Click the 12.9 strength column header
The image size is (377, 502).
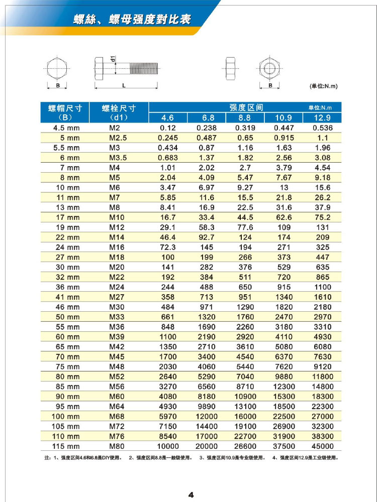(322, 118)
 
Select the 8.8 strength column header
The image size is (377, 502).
(245, 118)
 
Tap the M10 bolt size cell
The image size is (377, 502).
(117, 217)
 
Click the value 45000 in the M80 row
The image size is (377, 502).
(322, 446)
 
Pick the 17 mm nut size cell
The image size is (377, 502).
(66, 217)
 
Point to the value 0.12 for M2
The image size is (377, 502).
(167, 128)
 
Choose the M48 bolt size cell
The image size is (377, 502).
(117, 366)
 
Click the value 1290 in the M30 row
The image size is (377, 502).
(245, 307)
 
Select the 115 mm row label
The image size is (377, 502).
(66, 446)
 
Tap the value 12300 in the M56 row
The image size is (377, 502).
(284, 387)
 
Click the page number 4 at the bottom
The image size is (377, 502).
(191, 494)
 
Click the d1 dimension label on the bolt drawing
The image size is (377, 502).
(114, 59)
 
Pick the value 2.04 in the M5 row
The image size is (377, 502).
(167, 178)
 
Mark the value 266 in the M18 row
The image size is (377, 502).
(245, 257)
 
